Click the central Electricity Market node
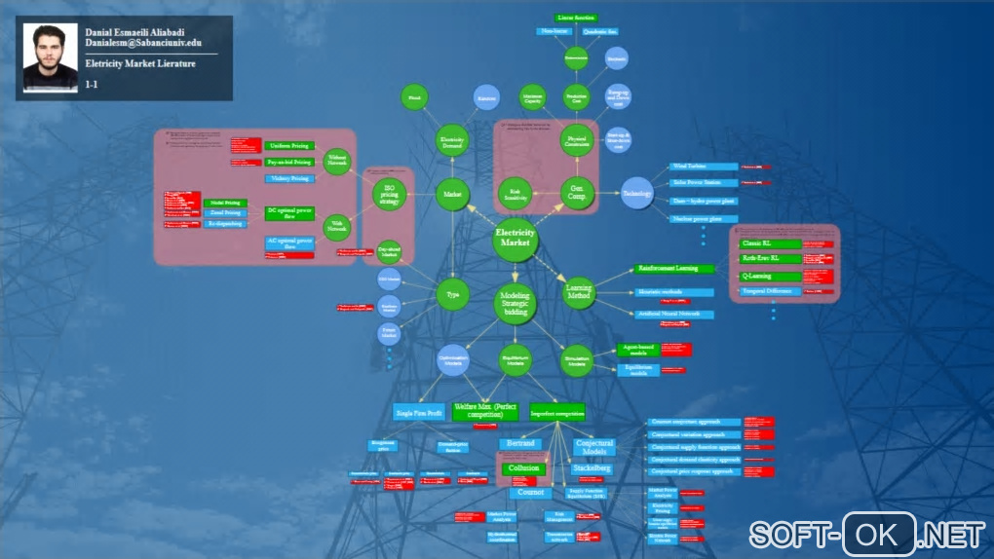[515, 241]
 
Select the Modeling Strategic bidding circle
[515, 303]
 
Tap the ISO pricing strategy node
[389, 195]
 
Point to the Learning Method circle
[579, 293]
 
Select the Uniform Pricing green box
[288, 145]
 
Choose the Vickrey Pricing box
[288, 179]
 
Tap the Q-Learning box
[770, 276]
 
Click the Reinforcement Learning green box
[674, 268]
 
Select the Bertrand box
[519, 444]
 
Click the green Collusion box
[523, 468]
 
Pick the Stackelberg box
[591, 468]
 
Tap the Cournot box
[529, 493]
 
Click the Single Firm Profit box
[419, 413]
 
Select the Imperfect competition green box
[557, 412]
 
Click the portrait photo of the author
[49, 58]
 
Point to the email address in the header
[143, 44]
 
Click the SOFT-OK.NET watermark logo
[867, 535]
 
